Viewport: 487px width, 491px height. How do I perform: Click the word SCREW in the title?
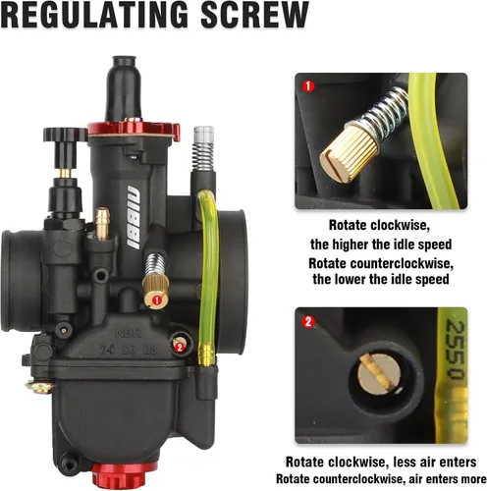[x=254, y=15]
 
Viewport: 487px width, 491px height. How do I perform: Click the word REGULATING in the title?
[x=94, y=15]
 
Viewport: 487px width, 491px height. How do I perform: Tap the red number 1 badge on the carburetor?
[x=157, y=300]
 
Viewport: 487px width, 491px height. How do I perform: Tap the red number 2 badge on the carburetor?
[x=180, y=347]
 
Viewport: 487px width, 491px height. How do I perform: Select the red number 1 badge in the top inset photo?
[x=308, y=86]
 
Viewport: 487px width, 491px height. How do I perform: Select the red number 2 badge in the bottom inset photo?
[x=308, y=322]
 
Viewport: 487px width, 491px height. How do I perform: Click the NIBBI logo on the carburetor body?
[x=135, y=217]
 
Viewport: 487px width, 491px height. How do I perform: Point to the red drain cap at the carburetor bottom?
[x=119, y=475]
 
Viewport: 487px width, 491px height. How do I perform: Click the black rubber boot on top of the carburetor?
[x=124, y=88]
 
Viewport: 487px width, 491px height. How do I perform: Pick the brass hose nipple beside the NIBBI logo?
[x=102, y=224]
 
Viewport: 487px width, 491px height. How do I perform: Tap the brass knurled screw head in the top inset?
[x=349, y=153]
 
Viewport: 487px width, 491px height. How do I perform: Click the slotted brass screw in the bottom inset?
[x=379, y=372]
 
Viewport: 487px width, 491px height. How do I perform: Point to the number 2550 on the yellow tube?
[x=455, y=350]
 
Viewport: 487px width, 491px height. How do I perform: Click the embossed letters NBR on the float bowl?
[x=129, y=333]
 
